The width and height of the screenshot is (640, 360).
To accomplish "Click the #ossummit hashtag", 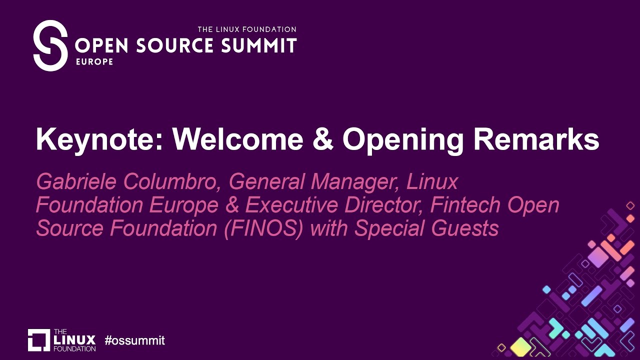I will [134, 341].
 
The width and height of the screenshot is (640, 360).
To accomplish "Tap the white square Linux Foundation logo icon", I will [39, 340].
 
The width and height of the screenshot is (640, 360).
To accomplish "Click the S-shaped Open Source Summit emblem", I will [50, 45].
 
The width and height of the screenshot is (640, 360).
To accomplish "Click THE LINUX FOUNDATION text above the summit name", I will [247, 29].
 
